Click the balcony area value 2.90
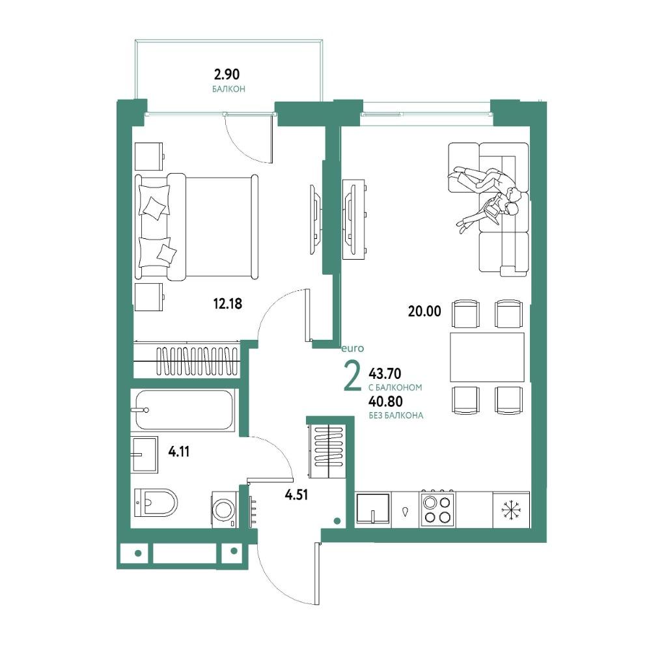227,75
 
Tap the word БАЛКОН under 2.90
229,89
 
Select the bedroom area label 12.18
227,304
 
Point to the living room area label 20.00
424,311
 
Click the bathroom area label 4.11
179,451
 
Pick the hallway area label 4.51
296,495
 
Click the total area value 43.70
385,374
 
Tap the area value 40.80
385,402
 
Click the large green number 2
352,376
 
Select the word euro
353,349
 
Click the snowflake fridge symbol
510,510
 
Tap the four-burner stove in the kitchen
437,510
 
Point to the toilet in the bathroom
156,503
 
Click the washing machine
225,510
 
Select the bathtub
183,410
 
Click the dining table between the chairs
487,357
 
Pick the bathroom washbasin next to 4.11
144,454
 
